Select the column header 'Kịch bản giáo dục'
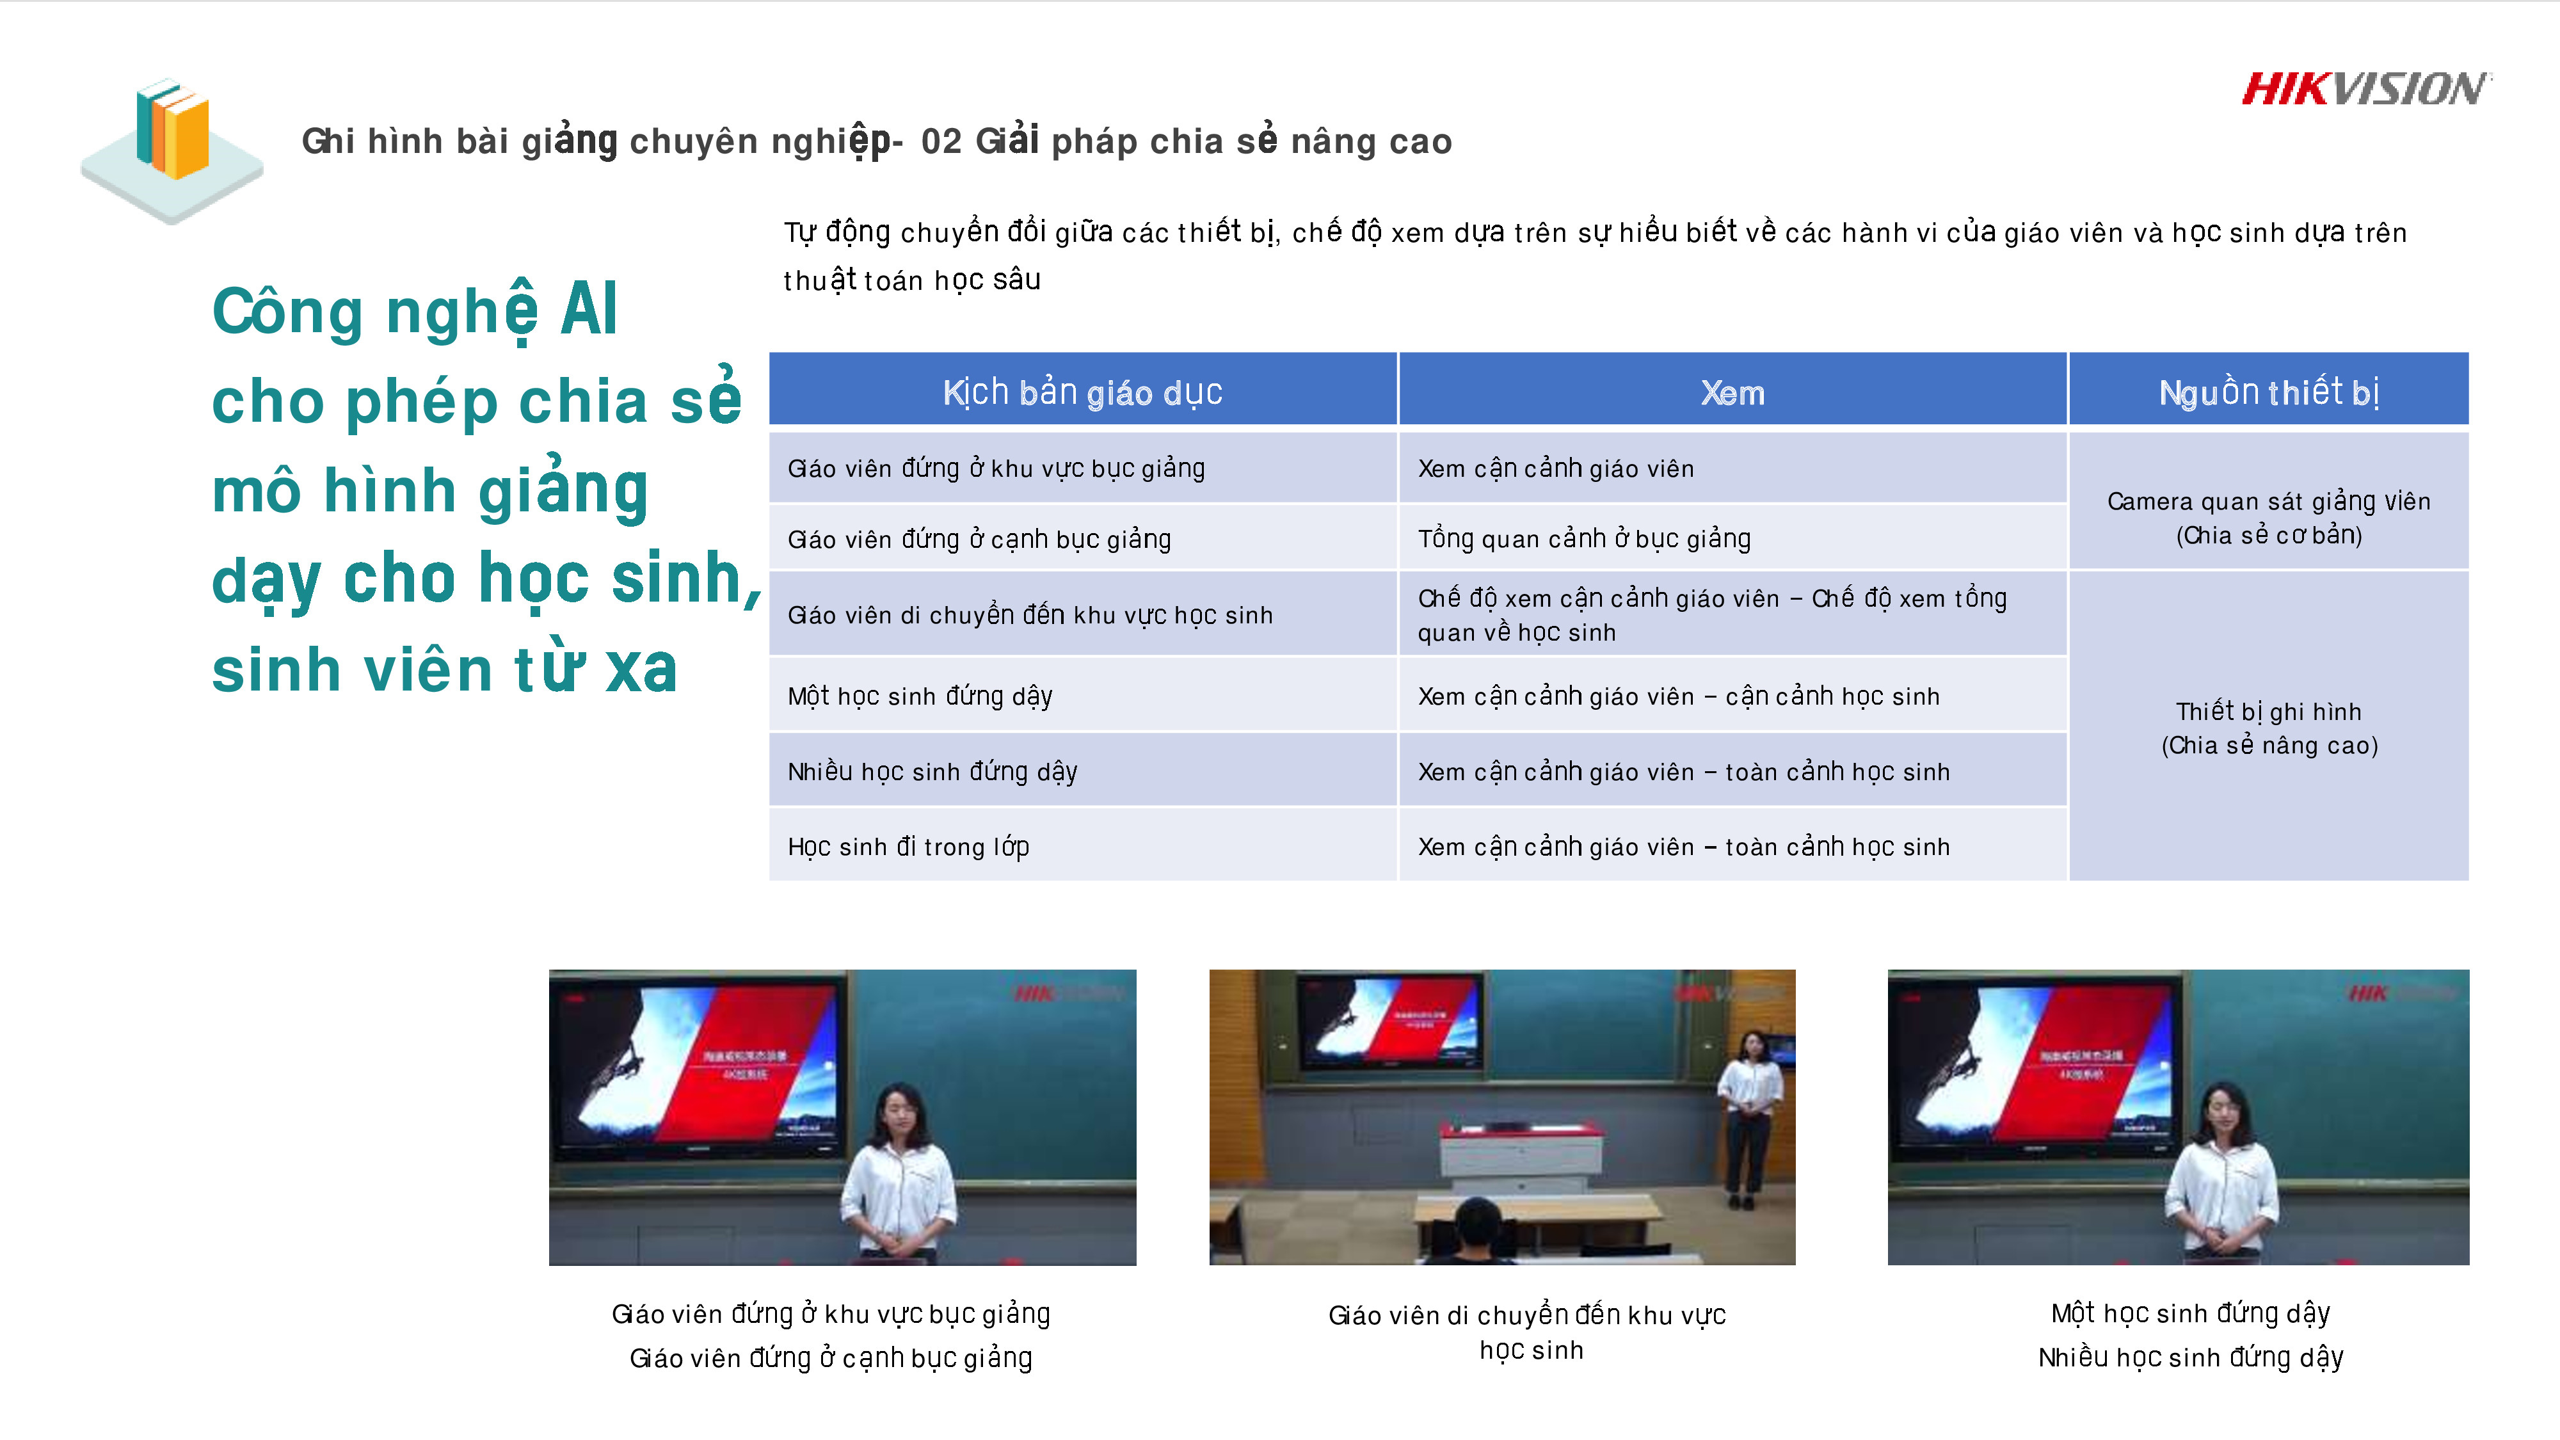[1082, 392]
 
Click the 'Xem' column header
[1732, 392]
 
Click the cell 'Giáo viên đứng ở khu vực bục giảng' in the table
[996, 468]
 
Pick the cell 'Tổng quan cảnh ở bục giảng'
[1584, 539]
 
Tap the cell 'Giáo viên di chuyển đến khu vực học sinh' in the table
[1030, 615]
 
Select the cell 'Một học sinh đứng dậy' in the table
[919, 696]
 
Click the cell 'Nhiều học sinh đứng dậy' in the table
[932, 771]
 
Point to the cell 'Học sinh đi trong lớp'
[908, 847]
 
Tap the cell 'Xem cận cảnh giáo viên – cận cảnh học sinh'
[1679, 696]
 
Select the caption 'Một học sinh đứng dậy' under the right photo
[2190, 1313]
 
